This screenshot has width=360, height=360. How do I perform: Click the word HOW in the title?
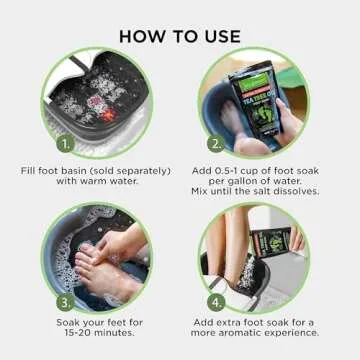[x=144, y=33]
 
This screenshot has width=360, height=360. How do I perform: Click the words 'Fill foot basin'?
[x=56, y=170]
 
